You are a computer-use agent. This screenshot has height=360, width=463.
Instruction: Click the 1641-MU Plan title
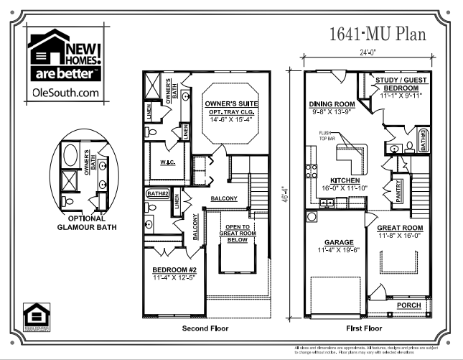pyautogui.click(x=378, y=33)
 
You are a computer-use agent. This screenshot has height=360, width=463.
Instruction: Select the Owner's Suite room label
pyautogui.click(x=228, y=103)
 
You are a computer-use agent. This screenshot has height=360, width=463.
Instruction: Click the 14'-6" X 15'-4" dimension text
pyautogui.click(x=228, y=119)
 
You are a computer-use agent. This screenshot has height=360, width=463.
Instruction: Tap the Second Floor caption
pyautogui.click(x=207, y=329)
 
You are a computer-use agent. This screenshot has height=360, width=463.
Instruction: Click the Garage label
pyautogui.click(x=335, y=242)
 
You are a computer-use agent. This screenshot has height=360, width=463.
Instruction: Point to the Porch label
pyautogui.click(x=408, y=304)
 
